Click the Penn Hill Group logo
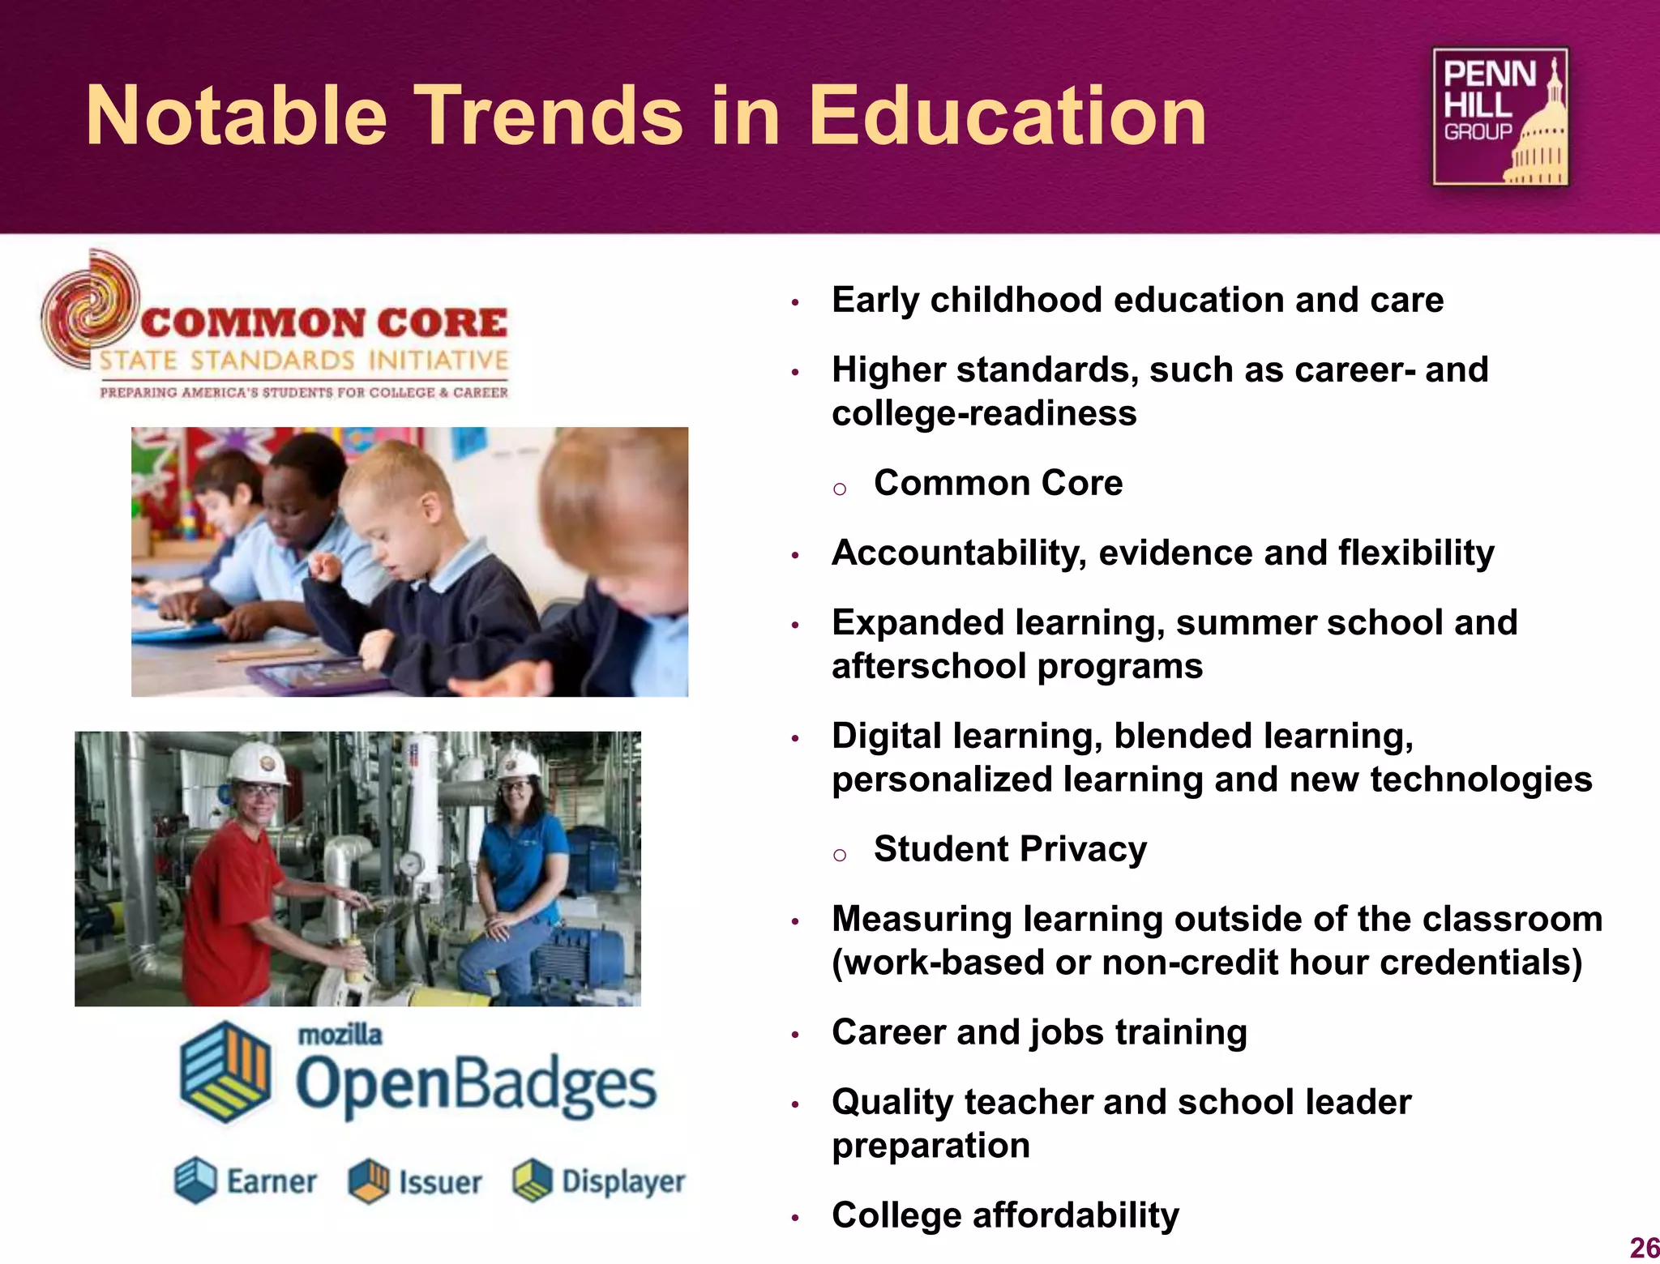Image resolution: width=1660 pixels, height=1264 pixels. click(x=1500, y=117)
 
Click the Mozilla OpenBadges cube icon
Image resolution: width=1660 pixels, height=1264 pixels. click(x=225, y=1071)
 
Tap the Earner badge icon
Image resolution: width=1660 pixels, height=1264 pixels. click(x=195, y=1180)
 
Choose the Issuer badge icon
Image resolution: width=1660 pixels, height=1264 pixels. click(x=369, y=1181)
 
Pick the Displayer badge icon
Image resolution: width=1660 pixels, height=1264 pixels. click(x=533, y=1181)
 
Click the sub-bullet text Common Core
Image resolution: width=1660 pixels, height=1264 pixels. click(x=998, y=483)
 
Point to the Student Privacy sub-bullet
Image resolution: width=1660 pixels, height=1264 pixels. click(x=1010, y=849)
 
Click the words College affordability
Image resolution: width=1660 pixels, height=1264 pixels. click(x=1005, y=1215)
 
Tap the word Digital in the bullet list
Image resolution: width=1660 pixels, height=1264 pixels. click(x=887, y=737)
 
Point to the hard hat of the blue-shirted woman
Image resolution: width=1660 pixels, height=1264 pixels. click(x=519, y=762)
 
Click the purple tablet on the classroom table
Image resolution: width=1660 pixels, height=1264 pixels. click(x=316, y=674)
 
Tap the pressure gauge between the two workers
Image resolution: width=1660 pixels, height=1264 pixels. click(x=412, y=865)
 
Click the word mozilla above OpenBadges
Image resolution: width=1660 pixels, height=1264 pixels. click(x=340, y=1035)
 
